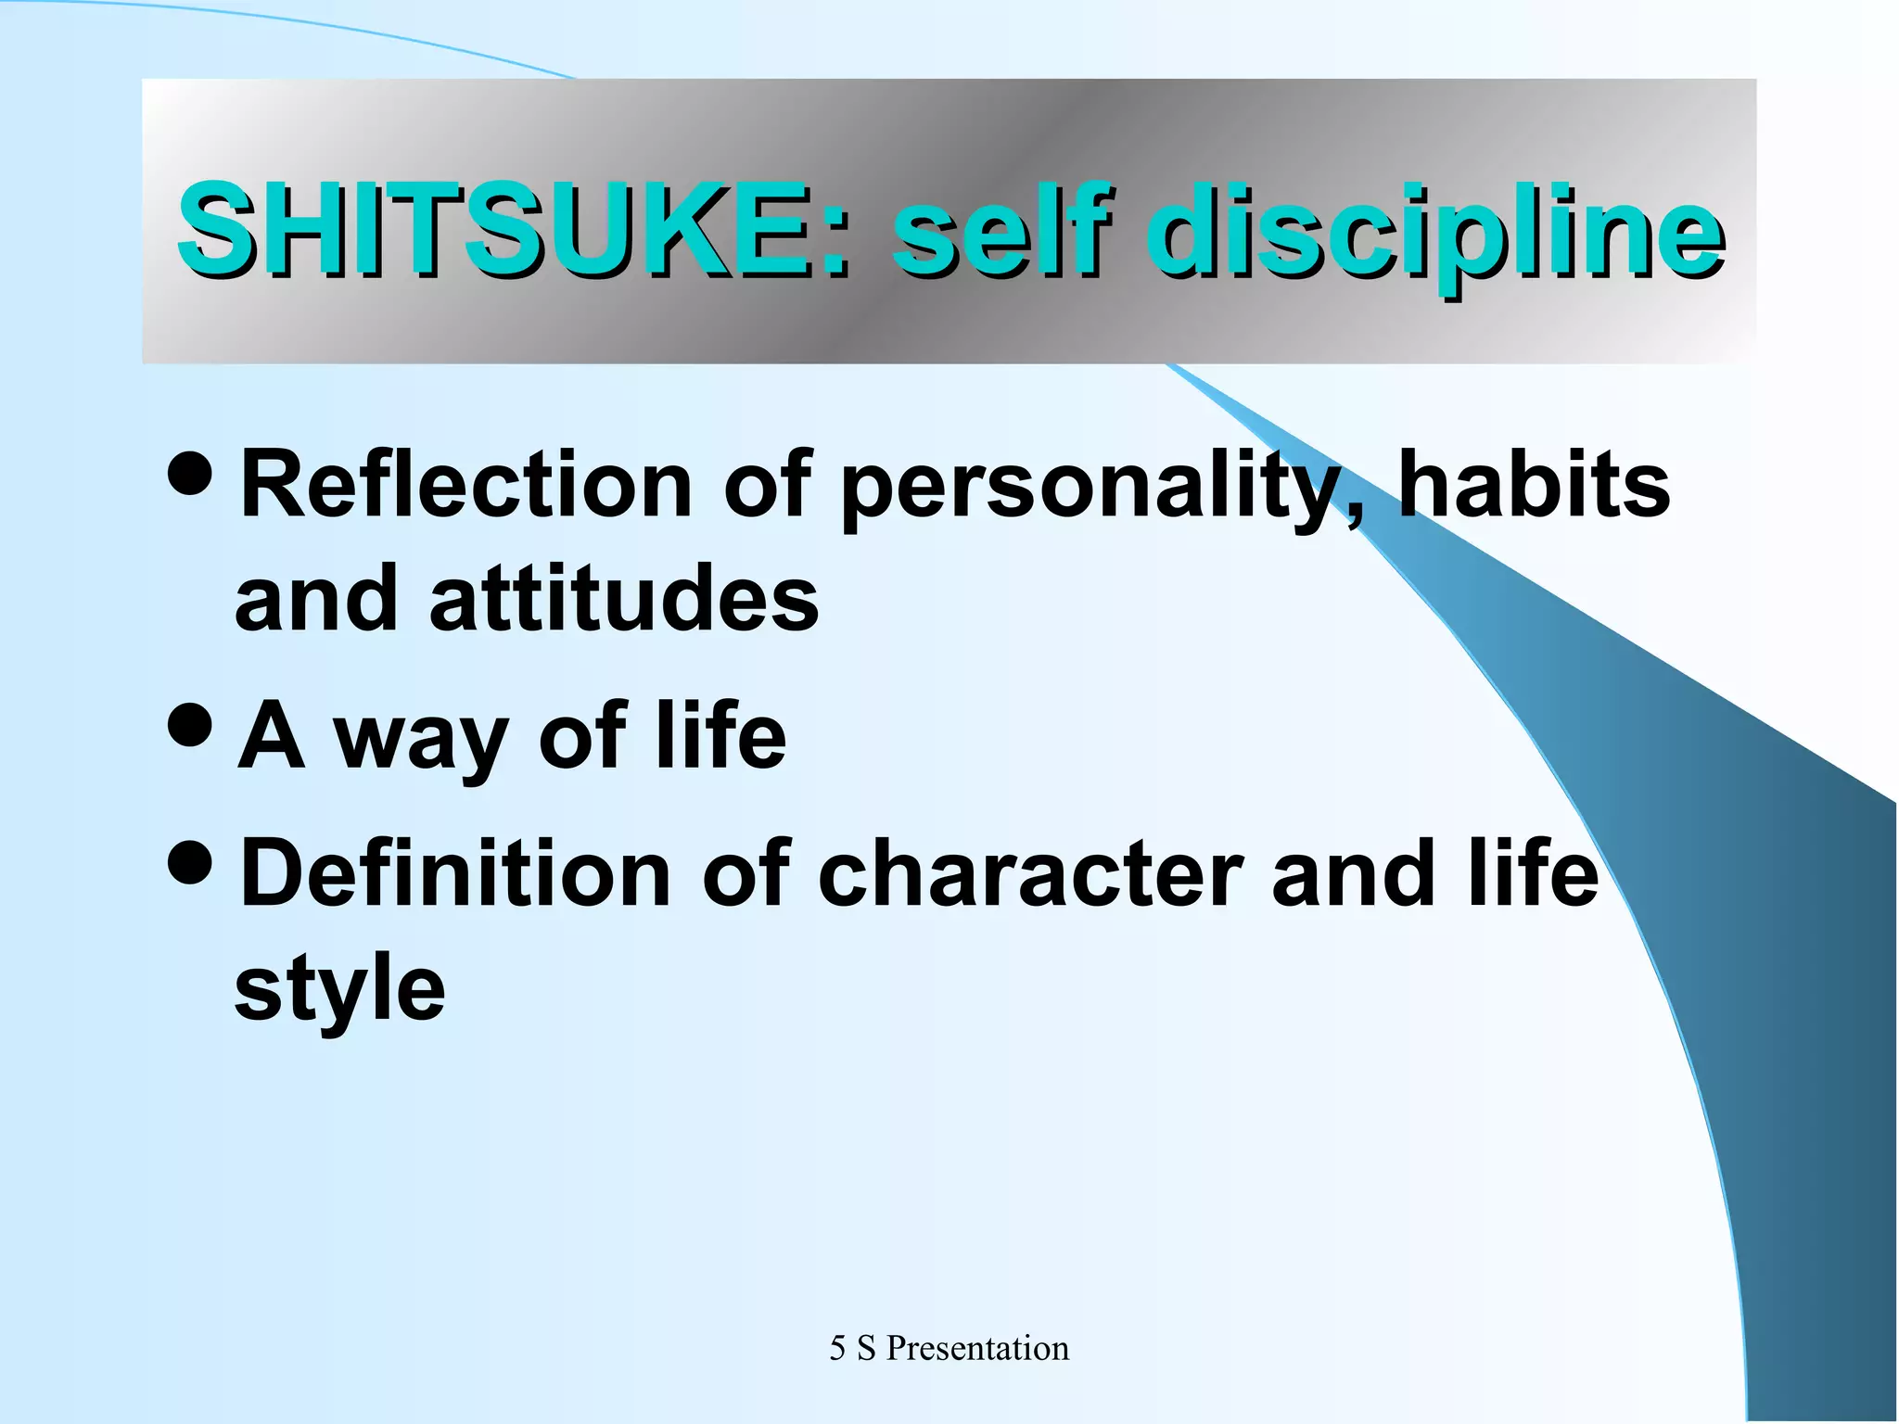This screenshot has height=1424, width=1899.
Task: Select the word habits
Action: coord(1534,485)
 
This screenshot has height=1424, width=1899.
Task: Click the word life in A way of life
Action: coord(720,734)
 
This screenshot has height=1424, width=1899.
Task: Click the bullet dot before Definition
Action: coord(192,863)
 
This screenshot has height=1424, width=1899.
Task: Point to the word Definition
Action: coord(455,873)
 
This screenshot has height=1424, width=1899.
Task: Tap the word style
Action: coord(339,990)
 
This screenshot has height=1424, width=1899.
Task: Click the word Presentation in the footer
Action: coord(977,1348)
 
